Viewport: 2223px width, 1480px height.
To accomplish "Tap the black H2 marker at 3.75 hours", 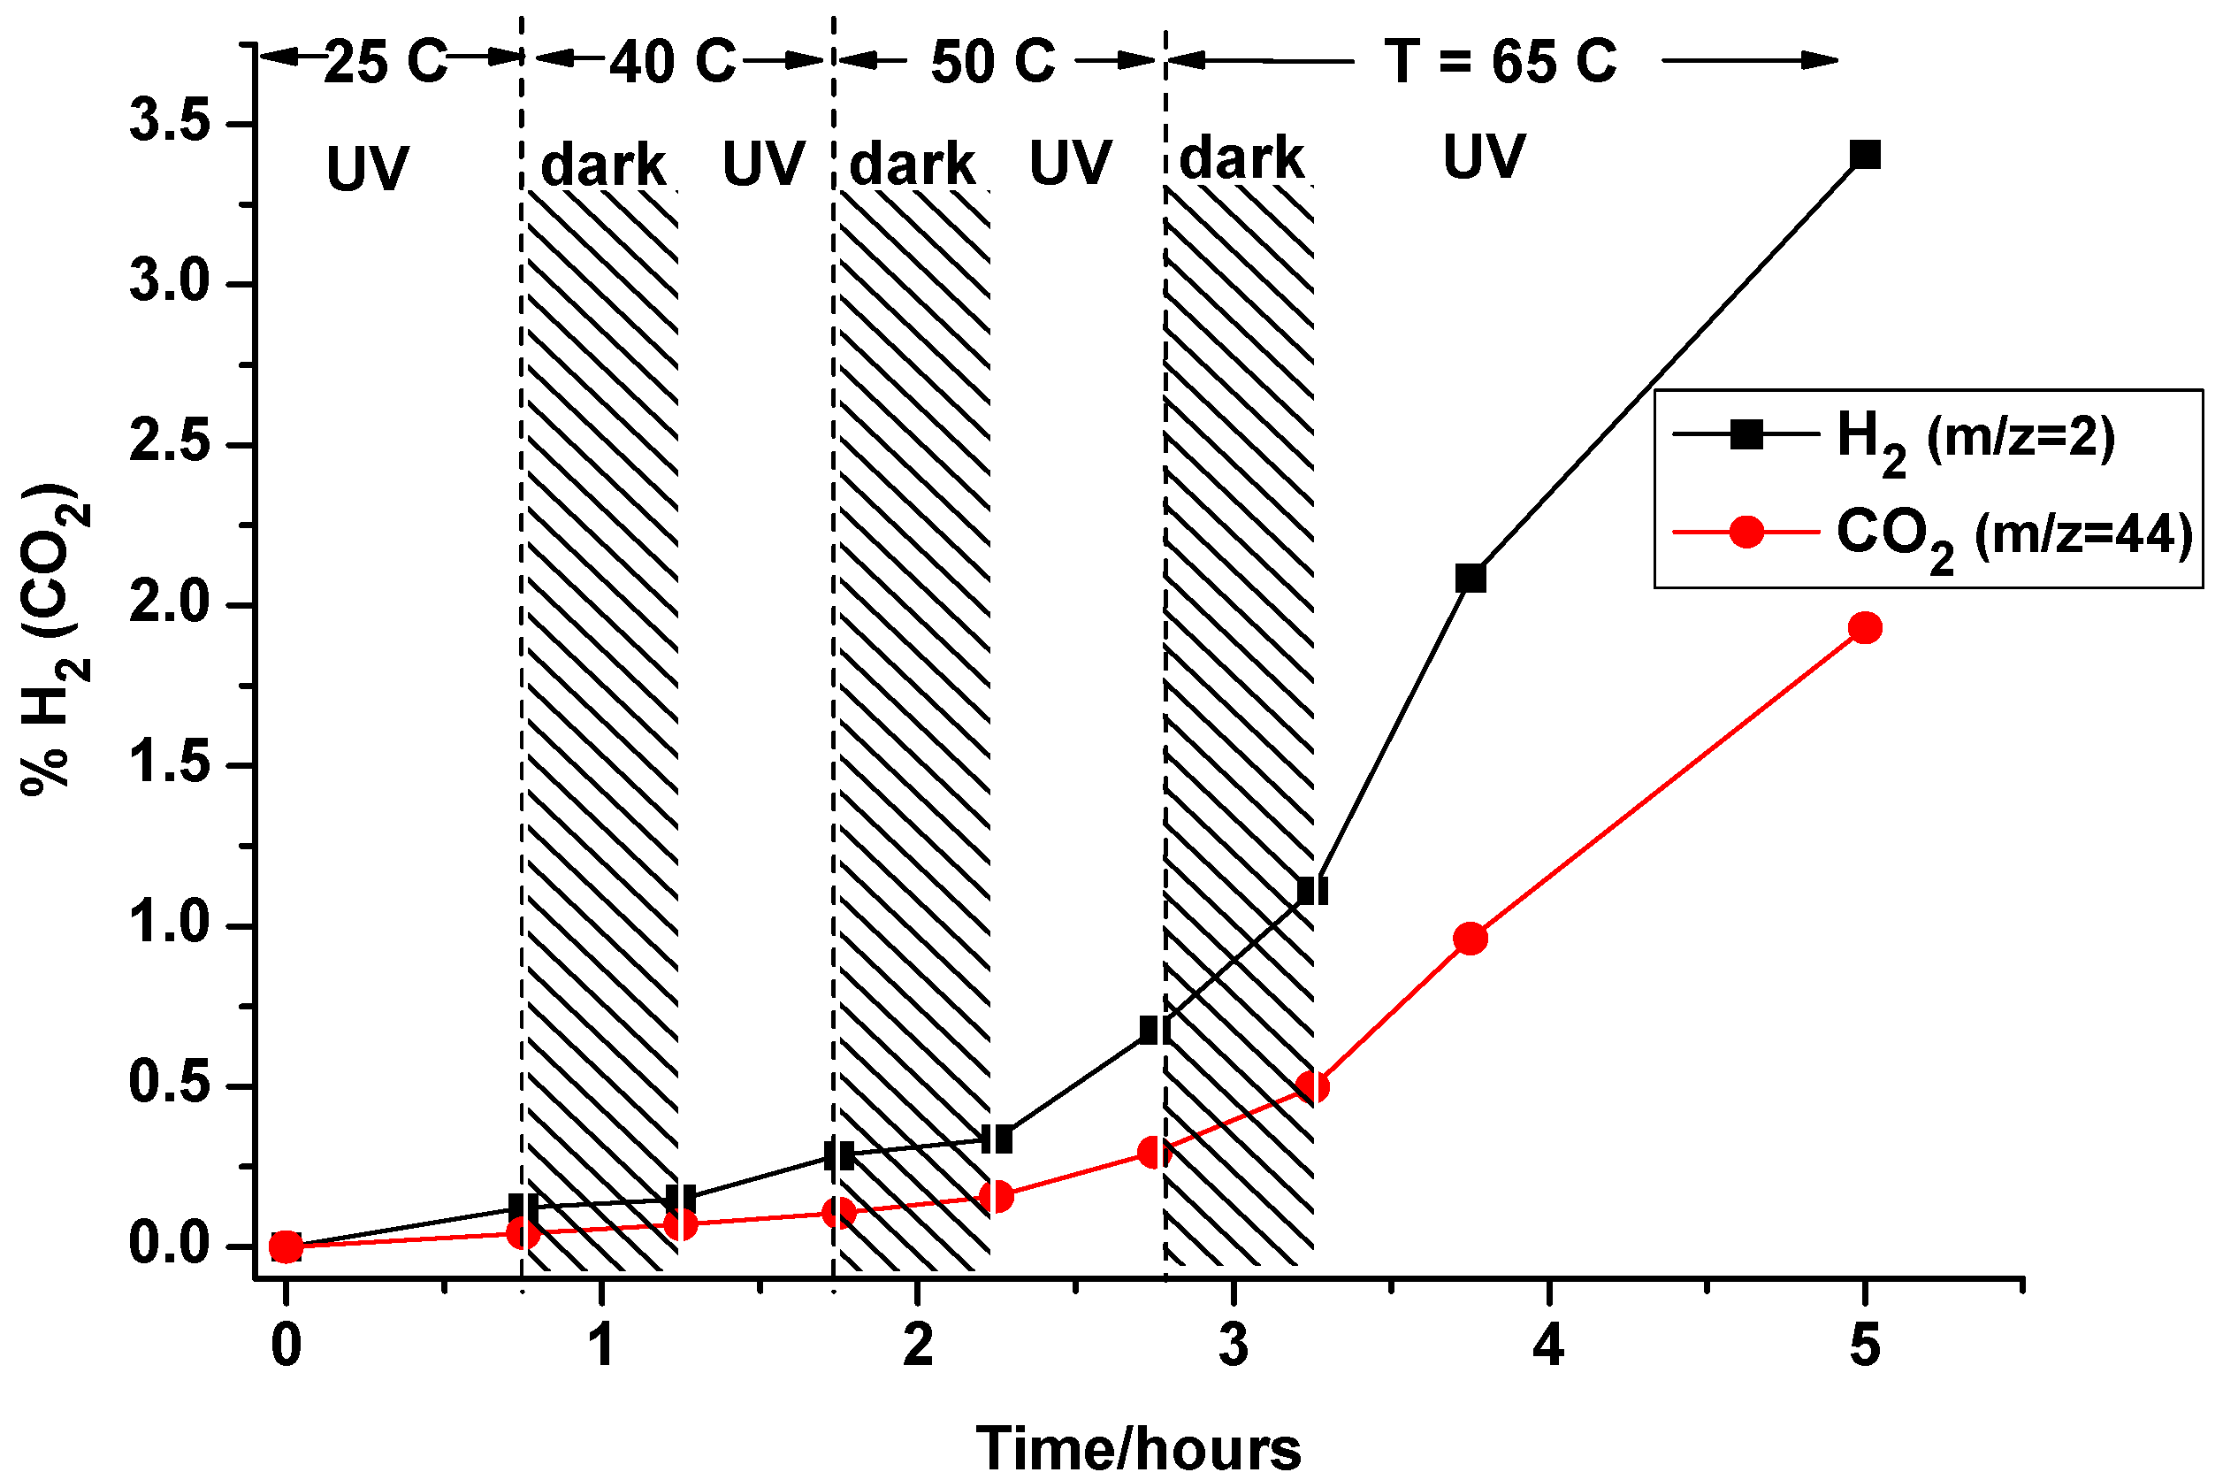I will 1470,578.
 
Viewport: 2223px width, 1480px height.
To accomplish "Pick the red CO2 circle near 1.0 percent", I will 1470,939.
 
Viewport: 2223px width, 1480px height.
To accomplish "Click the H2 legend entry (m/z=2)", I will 1973,437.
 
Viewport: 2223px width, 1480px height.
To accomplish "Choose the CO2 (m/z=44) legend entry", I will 2011,535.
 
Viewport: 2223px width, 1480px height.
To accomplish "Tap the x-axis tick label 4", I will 1548,1346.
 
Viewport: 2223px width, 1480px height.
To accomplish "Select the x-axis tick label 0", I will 286,1346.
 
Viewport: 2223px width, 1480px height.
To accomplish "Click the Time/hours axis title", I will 1138,1448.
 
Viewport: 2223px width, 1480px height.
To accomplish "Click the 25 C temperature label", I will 385,62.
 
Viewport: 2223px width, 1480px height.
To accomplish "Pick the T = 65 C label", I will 1501,62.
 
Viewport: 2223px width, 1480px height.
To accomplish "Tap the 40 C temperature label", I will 672,62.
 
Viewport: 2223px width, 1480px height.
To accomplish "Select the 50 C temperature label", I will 993,62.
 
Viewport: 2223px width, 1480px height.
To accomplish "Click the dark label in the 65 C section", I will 1241,158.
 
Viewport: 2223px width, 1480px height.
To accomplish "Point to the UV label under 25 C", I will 367,170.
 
